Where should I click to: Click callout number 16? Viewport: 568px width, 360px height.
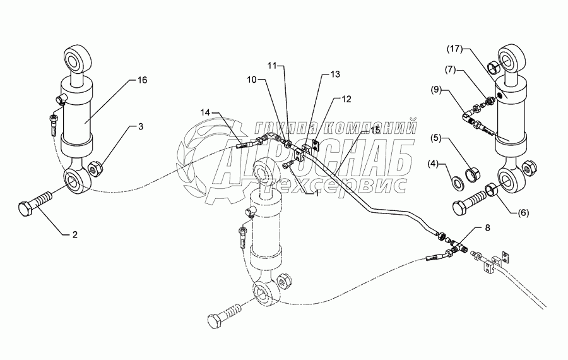(x=142, y=80)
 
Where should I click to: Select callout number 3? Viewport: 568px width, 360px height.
(x=141, y=127)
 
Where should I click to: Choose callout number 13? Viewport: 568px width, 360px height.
(x=334, y=75)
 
